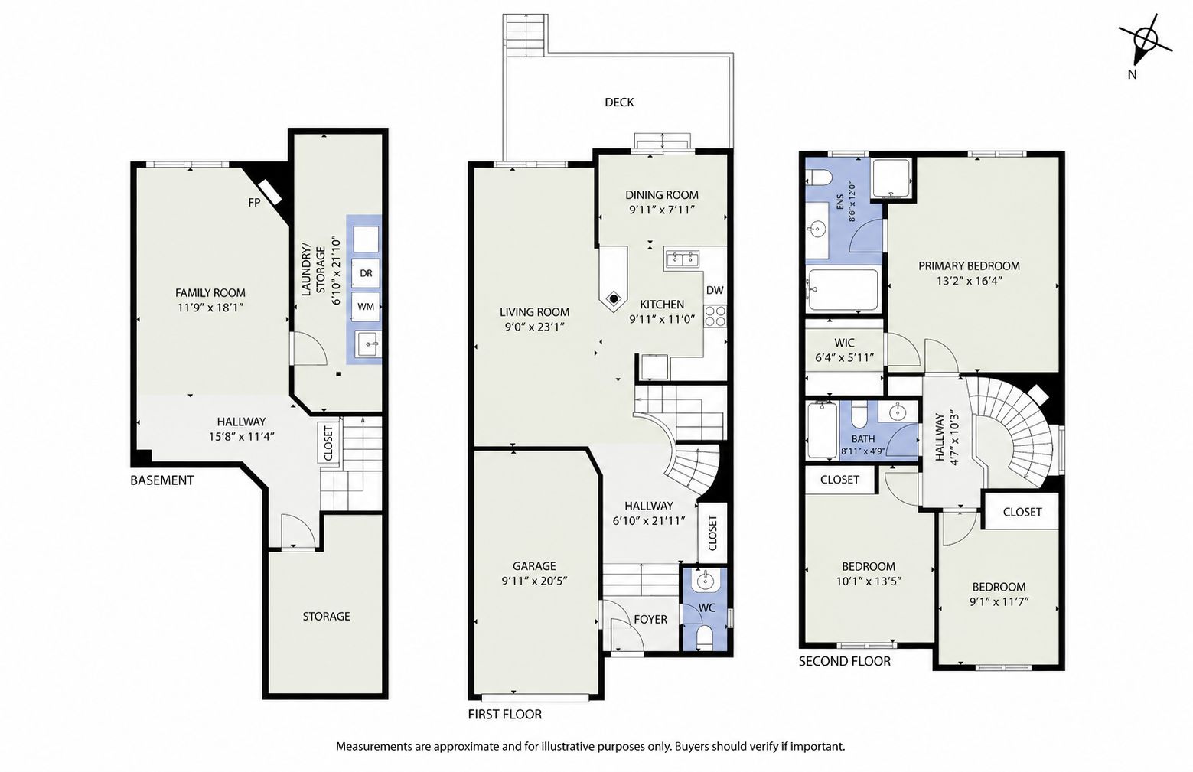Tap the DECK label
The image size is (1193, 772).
tap(619, 103)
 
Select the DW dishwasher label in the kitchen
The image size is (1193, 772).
tap(715, 290)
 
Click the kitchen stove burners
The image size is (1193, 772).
tap(715, 316)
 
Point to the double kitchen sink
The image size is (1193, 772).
tap(683, 259)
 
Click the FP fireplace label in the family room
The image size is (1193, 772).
tap(254, 203)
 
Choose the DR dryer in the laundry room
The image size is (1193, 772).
tap(365, 273)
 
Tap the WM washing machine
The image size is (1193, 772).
tap(365, 306)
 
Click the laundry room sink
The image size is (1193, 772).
tap(367, 344)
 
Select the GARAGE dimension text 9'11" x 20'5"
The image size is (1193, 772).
tap(533, 581)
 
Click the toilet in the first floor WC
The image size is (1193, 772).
tap(705, 637)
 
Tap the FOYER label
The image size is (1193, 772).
tap(650, 619)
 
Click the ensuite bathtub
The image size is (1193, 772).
tap(842, 290)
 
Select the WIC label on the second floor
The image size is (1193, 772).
tap(844, 343)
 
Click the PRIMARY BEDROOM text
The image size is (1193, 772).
tap(969, 265)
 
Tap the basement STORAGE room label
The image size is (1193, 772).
tap(326, 616)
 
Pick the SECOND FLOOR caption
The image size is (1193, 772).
tap(844, 661)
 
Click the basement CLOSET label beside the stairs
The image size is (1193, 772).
tap(328, 443)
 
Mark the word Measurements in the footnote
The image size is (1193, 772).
tap(370, 747)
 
